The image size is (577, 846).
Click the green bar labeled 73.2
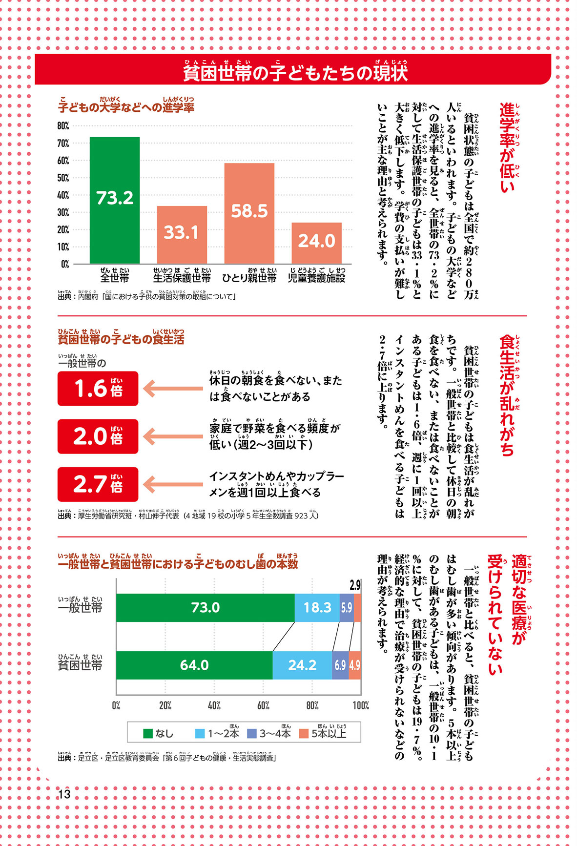(115, 200)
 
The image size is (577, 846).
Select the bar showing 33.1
(182, 234)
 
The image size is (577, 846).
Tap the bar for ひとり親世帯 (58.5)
(249, 213)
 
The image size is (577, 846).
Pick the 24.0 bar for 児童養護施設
(316, 243)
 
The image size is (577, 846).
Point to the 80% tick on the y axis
(63, 126)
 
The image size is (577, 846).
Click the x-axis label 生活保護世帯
(182, 278)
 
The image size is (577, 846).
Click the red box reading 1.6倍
(98, 389)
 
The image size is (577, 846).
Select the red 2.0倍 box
(98, 436)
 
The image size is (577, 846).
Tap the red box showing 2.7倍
(98, 484)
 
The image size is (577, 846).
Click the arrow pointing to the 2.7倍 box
(173, 484)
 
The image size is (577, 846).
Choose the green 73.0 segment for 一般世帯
(205, 607)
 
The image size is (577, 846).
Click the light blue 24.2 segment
(302, 665)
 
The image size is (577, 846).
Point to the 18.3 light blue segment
(317, 607)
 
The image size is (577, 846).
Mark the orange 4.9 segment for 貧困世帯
(355, 665)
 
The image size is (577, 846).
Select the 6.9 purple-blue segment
(340, 665)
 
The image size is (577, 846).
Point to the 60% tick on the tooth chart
(263, 705)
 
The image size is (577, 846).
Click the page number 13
(64, 794)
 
